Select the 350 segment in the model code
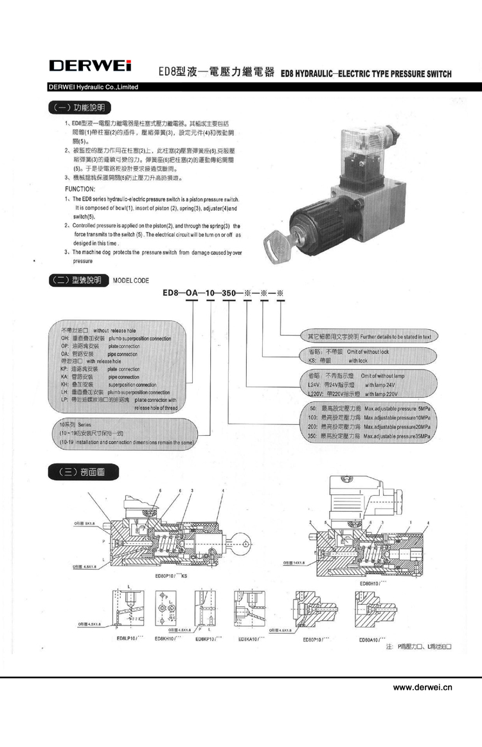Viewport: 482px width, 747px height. tap(228, 293)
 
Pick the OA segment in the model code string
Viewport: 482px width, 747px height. tap(192, 293)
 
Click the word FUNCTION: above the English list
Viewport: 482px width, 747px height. tap(80, 189)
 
